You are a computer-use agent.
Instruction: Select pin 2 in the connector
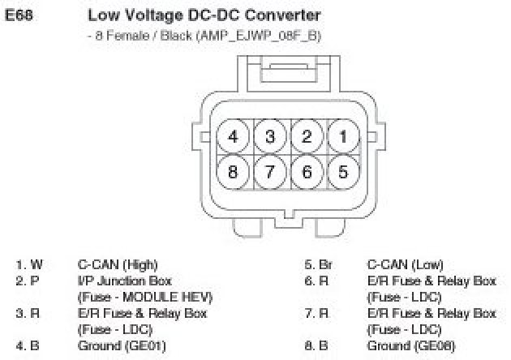coord(307,136)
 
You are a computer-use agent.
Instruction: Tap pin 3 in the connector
coord(270,136)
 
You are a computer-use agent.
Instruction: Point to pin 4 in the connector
coord(234,136)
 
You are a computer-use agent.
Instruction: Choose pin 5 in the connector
coord(343,172)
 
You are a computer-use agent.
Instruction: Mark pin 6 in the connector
coord(307,172)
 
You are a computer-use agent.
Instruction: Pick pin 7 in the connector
coord(270,172)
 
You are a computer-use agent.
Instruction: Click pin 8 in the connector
coord(234,172)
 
